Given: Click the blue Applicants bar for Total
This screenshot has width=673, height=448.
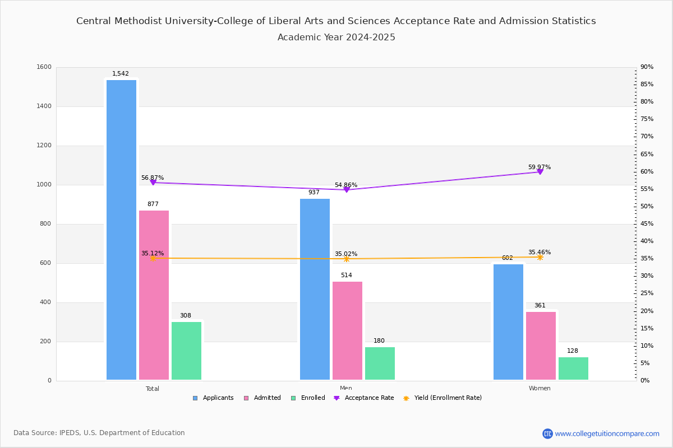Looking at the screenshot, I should coord(121,230).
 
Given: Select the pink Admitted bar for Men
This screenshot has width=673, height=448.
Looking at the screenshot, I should coord(347,330).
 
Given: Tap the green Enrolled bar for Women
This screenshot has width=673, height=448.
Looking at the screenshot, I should coord(573,368).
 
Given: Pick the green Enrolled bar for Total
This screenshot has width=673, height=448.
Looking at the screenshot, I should coord(186,351).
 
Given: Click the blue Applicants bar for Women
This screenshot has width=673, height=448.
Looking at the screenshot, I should coord(508,322).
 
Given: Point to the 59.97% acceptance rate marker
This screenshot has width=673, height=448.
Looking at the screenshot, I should coord(540,171).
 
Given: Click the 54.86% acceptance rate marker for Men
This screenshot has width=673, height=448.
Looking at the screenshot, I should coord(347,189).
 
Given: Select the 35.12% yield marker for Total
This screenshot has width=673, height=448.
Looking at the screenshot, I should coord(153,258).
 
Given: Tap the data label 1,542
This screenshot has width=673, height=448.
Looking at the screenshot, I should coord(121,73).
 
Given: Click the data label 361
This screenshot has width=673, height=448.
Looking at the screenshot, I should coord(540,305).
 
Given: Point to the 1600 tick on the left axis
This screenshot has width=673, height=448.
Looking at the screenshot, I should coord(44,67).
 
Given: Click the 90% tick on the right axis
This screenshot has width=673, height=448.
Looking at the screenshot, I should coord(647,67).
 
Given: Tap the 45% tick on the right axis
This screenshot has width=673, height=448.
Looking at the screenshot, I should coord(647,224).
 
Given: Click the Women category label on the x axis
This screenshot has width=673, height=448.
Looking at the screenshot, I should coord(540,389).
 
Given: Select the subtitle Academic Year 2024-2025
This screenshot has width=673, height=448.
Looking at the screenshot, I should coord(336,38).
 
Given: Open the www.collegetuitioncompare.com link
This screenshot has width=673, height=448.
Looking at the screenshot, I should coord(607,433).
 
